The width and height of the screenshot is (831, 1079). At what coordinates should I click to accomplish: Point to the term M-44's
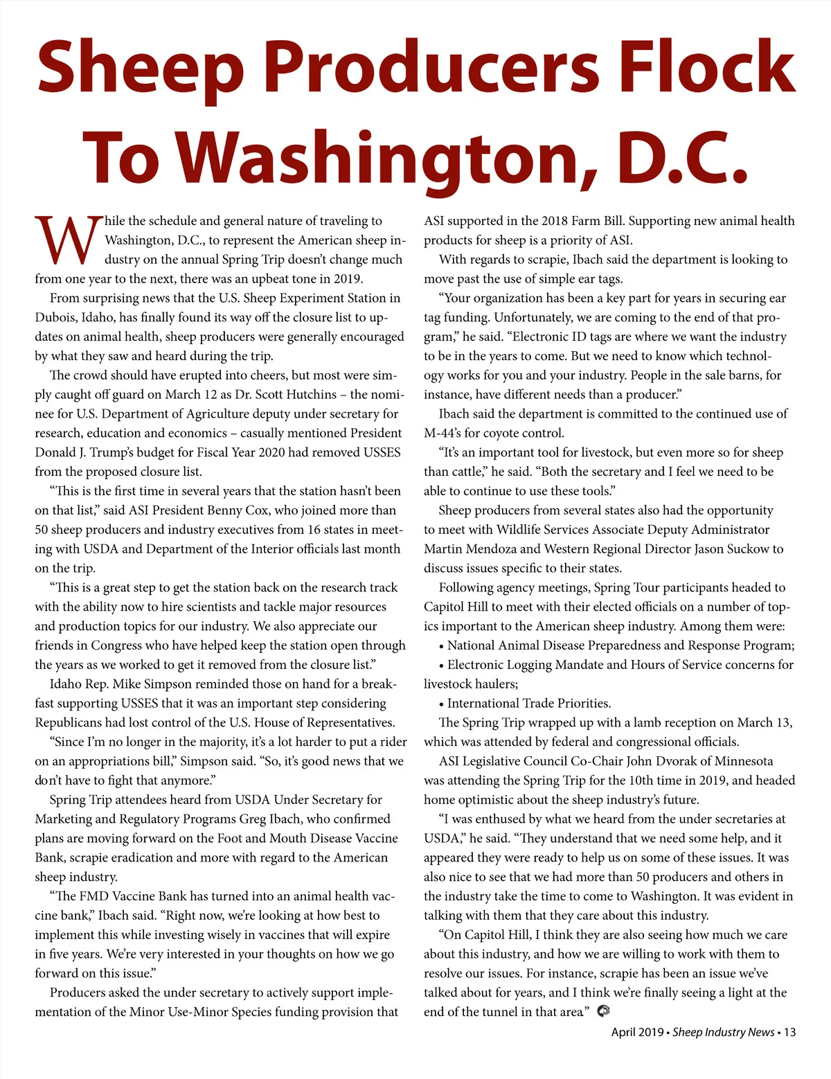pyautogui.click(x=444, y=434)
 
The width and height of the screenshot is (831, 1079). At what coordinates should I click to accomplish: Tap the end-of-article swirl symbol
pyautogui.click(x=603, y=1011)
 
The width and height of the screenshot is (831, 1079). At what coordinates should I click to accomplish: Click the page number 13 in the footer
pyautogui.click(x=789, y=1033)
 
